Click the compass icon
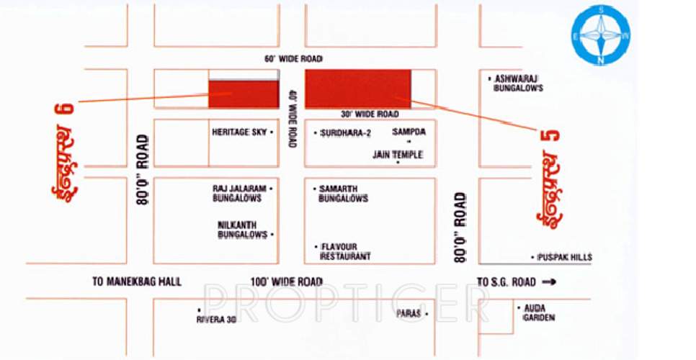601,35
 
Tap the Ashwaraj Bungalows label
517,83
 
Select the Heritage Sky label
239,132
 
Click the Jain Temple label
397,155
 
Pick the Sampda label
403,132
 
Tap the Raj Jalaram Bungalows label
238,193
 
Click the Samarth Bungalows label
344,193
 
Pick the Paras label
409,314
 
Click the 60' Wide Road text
293,58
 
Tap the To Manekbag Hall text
137,282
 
